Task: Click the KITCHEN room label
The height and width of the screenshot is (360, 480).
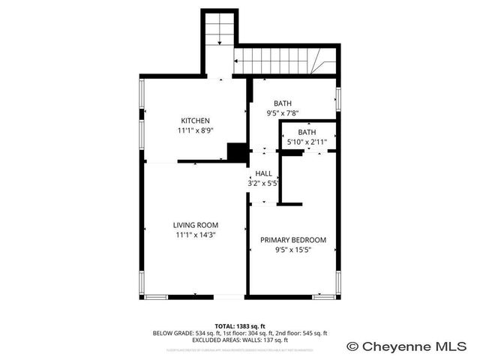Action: point(195,121)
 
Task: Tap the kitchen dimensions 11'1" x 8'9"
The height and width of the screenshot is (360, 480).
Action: point(195,130)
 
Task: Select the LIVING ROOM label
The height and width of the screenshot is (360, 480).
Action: point(195,225)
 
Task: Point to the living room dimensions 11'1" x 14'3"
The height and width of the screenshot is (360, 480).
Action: point(195,234)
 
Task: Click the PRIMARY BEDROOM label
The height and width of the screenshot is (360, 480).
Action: point(293,240)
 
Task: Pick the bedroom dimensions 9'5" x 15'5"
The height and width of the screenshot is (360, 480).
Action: point(293,249)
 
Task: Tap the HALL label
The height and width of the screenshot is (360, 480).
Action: point(263,173)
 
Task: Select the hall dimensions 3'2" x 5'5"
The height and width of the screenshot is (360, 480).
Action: point(263,182)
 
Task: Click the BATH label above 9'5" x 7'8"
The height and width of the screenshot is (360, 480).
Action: point(283,103)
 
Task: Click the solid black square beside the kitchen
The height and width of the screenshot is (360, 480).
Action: point(238,151)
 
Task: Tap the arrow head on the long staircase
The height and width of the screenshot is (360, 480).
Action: point(238,61)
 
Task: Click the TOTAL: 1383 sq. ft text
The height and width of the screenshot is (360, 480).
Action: point(240,325)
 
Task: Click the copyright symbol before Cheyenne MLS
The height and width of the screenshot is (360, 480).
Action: point(352,346)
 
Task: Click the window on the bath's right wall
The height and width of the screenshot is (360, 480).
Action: point(338,97)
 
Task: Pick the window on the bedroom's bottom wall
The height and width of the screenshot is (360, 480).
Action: point(324,297)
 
